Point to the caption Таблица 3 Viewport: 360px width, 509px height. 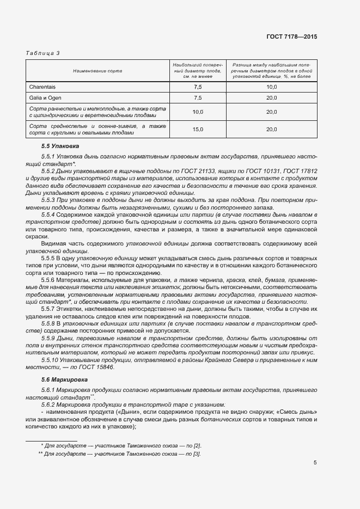click(42, 53)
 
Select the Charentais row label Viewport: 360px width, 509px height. click(42, 87)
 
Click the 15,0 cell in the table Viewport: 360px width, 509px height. click(198, 129)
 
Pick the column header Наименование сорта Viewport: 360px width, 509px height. click(98, 71)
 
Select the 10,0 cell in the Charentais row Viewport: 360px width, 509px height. click(272, 87)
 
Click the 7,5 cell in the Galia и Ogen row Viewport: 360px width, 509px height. click(198, 97)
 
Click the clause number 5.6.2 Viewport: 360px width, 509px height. click(50, 405)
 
